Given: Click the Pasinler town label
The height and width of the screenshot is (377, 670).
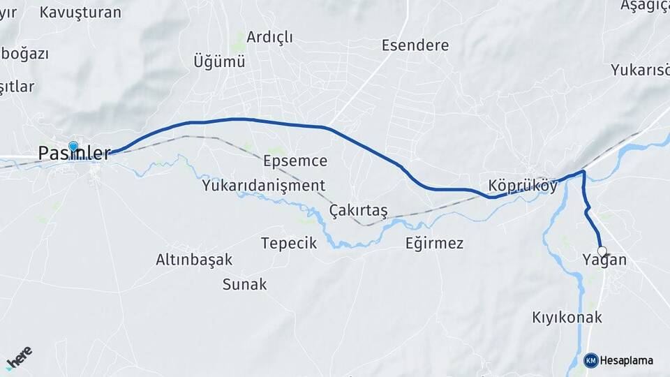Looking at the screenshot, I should click(x=74, y=154).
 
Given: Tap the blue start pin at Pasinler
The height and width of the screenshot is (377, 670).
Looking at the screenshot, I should click(x=73, y=147).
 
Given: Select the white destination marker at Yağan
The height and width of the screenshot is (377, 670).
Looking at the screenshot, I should click(x=602, y=253).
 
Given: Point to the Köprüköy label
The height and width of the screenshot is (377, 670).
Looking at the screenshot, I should click(x=523, y=186).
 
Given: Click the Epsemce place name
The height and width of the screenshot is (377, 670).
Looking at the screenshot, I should click(x=295, y=161).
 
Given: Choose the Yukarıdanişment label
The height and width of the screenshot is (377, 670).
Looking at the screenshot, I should click(x=264, y=186).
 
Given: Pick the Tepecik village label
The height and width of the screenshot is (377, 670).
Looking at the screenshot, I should click(x=289, y=243).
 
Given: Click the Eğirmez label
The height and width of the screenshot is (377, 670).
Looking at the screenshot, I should click(x=434, y=243).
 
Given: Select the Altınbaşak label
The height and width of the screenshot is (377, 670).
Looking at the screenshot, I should click(x=194, y=260).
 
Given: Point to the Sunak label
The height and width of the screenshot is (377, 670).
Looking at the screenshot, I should click(x=244, y=284).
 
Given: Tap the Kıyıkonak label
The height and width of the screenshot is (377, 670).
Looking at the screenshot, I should click(x=567, y=317).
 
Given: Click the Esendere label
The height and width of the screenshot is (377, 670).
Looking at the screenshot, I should click(x=415, y=45).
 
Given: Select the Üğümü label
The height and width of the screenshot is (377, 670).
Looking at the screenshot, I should click(x=219, y=61).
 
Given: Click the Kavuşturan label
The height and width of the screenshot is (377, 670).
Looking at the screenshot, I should click(x=80, y=13).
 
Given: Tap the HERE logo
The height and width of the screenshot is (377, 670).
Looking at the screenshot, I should click(x=19, y=358).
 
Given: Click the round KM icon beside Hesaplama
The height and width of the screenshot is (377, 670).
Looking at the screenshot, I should click(x=591, y=360).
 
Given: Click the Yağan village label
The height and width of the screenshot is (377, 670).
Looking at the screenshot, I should click(x=604, y=261).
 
